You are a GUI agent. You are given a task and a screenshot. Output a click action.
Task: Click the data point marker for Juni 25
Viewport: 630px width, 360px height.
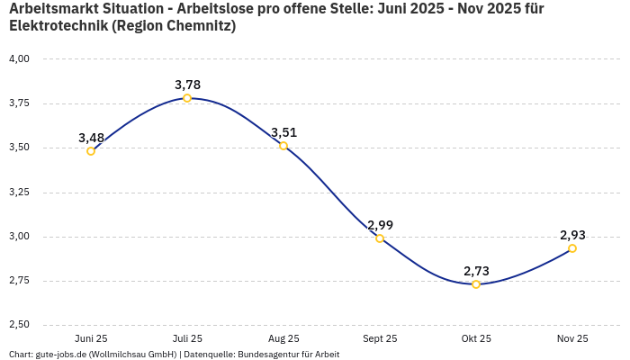coord(91,151)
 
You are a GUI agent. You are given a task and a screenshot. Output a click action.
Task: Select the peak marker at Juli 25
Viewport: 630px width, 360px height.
coord(187,98)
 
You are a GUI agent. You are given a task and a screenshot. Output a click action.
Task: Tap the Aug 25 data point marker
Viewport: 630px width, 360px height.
coord(283,146)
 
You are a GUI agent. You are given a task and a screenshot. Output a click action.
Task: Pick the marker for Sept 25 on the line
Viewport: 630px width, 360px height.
coord(380,238)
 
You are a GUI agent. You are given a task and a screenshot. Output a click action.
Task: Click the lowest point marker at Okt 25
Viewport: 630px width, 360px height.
coord(476,284)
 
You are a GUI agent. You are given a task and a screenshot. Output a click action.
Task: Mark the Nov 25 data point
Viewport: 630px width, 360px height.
coord(572,248)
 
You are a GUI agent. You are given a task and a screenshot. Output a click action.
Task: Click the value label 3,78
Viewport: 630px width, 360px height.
coord(187,85)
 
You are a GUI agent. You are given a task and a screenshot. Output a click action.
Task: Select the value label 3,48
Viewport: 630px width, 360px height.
coord(91,138)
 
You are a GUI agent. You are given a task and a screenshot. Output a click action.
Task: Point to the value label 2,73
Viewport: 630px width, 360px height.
coord(476,271)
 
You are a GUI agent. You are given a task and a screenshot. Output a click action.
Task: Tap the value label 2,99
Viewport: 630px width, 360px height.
coord(380,225)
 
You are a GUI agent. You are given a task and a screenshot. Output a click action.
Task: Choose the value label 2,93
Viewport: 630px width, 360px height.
coord(572,235)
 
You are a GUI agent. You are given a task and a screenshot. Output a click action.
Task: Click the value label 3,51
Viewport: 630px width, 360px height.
coord(283,132)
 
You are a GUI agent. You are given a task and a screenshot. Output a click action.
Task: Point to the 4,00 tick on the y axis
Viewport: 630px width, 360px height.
coord(19,59)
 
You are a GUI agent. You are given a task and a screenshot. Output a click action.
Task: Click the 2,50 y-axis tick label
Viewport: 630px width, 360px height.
coord(19,325)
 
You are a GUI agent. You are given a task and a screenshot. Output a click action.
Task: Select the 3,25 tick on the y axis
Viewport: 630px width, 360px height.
coord(19,193)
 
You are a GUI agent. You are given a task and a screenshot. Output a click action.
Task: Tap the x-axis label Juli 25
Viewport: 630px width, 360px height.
coord(187,339)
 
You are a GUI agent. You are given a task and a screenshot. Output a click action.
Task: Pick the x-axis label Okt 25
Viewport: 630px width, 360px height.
coord(476,339)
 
